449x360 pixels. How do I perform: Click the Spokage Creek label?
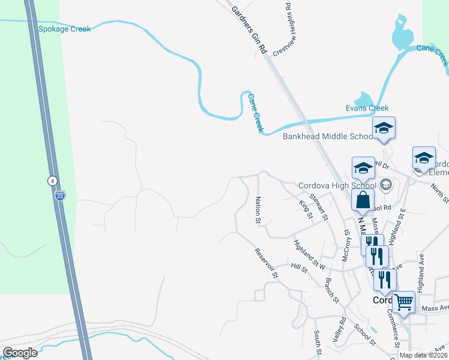(x=64, y=29)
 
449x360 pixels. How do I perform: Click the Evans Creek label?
(x=367, y=109)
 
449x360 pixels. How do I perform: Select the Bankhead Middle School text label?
(x=328, y=136)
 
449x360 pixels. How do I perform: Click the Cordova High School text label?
(x=337, y=185)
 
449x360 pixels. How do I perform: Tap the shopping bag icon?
(x=364, y=200)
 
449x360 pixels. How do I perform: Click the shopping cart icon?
(x=403, y=302)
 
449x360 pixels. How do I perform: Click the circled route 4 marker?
(x=53, y=180)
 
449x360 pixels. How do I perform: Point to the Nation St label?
(x=258, y=210)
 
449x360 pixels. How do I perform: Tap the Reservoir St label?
(x=267, y=264)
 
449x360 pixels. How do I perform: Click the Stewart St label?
(x=318, y=205)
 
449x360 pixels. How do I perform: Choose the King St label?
(x=306, y=212)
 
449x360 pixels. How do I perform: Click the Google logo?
(x=20, y=353)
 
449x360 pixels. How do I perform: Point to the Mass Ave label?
(x=435, y=308)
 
